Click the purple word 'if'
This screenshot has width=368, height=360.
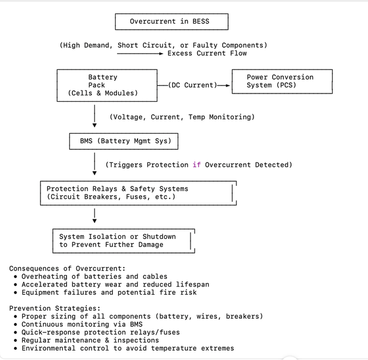point(197,165)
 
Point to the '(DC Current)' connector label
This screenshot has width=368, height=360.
point(193,85)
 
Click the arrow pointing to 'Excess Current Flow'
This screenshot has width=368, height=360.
point(140,54)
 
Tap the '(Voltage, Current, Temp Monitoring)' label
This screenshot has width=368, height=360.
point(182,117)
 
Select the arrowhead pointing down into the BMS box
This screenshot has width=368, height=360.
point(95,125)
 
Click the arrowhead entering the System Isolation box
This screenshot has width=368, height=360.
point(95,221)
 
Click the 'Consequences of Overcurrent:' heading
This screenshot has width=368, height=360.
point(68,268)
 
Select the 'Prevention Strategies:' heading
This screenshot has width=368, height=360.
point(55,308)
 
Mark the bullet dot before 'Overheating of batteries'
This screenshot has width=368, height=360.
point(15,276)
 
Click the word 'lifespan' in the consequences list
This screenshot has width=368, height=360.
point(192,285)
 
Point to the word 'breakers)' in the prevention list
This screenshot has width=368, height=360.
point(245,316)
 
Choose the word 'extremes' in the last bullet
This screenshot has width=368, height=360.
point(218,348)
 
